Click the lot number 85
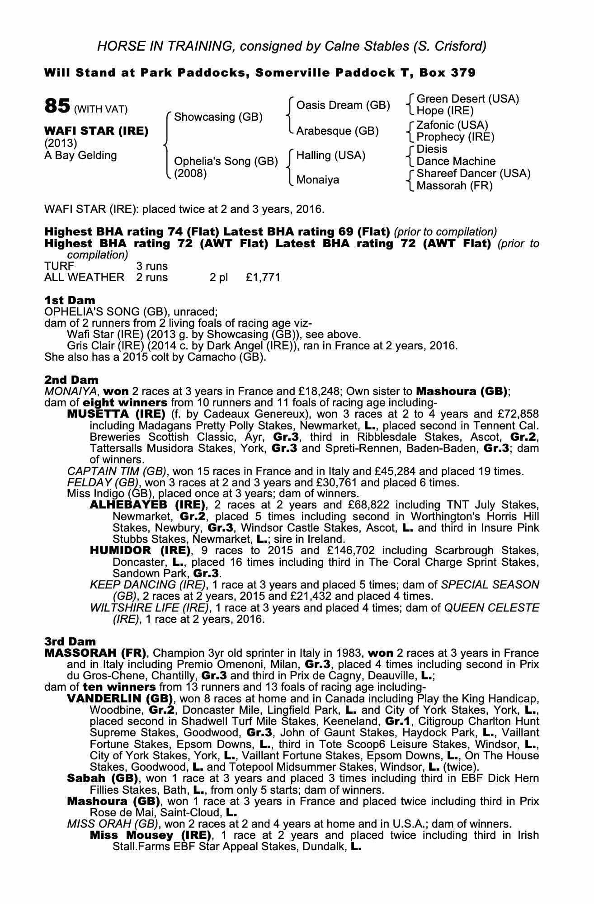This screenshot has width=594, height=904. [57, 106]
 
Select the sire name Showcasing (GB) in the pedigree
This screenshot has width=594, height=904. [218, 117]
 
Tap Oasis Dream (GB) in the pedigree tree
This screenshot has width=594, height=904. [343, 105]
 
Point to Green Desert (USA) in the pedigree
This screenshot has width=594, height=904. [467, 99]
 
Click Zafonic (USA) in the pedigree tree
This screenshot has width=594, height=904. [452, 125]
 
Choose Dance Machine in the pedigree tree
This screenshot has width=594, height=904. [456, 161]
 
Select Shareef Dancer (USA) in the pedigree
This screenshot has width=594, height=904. [473, 174]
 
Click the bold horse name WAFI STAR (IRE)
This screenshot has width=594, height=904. [96, 131]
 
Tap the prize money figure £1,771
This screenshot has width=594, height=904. [263, 278]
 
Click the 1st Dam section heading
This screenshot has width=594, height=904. [70, 301]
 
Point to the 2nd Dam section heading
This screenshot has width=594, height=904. [71, 380]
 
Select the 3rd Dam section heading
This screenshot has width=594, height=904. [71, 641]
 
